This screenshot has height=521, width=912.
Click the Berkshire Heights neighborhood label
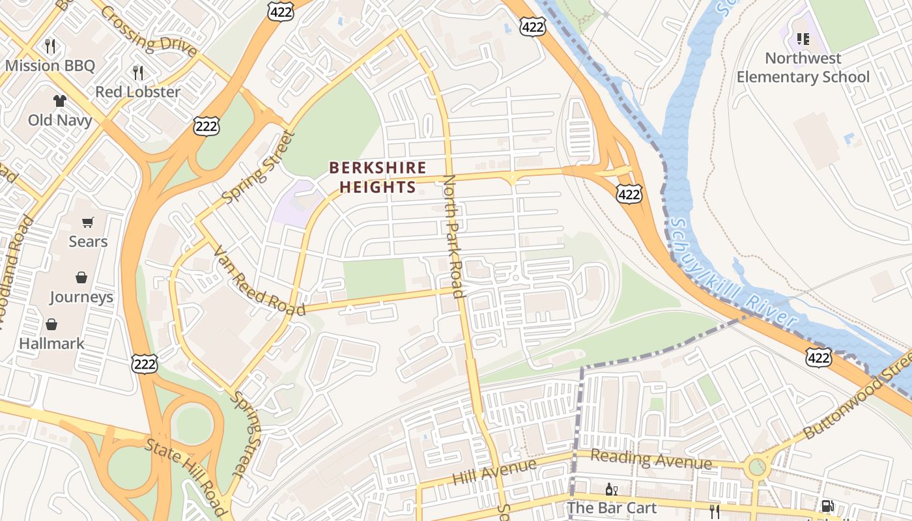point(378,178)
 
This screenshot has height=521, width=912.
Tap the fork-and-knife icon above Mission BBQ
point(50,46)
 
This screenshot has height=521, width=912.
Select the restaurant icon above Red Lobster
point(137,72)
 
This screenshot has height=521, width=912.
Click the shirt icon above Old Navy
point(59,100)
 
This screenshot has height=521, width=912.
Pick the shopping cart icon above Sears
point(88,222)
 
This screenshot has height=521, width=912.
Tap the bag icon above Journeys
point(81,277)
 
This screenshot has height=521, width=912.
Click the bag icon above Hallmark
point(51,324)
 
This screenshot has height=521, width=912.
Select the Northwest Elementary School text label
point(803,68)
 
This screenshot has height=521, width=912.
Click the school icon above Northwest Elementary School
point(803,39)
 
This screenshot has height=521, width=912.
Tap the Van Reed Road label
point(259,281)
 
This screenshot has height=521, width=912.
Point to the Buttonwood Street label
point(857,404)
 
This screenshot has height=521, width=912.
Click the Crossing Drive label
point(149,31)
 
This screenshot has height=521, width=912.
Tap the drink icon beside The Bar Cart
point(611,489)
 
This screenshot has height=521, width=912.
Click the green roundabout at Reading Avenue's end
point(756,466)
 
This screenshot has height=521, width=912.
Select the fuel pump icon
point(827,506)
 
